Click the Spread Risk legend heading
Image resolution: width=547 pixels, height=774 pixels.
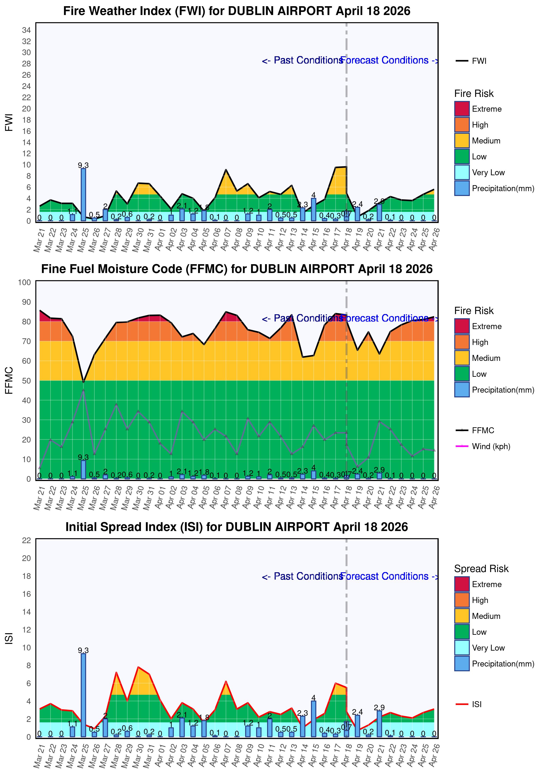481,569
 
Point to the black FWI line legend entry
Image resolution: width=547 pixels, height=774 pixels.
470,61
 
